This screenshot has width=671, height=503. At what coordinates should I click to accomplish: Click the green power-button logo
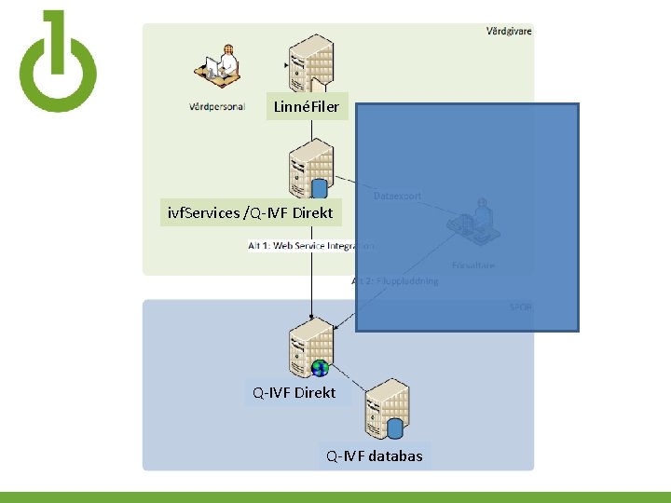[58, 62]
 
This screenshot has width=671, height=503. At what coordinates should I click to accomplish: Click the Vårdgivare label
[509, 31]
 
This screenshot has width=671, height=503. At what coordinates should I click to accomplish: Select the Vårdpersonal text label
[217, 106]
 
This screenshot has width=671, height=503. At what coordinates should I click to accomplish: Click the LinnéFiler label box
[308, 107]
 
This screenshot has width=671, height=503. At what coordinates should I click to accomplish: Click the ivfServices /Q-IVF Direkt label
[250, 212]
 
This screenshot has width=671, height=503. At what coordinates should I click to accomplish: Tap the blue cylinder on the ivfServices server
[320, 189]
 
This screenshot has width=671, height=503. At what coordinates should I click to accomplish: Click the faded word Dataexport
[398, 196]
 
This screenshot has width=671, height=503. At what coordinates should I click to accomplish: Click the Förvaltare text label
[473, 265]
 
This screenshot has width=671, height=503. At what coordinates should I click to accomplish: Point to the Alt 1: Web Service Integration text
[311, 246]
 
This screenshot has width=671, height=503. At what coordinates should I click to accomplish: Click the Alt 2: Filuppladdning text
[395, 280]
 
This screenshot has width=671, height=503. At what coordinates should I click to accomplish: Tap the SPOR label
[521, 306]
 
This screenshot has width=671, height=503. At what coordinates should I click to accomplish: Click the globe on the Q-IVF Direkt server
[320, 368]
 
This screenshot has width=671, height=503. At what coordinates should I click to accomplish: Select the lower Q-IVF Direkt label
[294, 392]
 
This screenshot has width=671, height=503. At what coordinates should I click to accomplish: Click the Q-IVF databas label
[374, 455]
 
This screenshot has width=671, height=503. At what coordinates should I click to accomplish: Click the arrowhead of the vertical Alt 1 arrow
[311, 314]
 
